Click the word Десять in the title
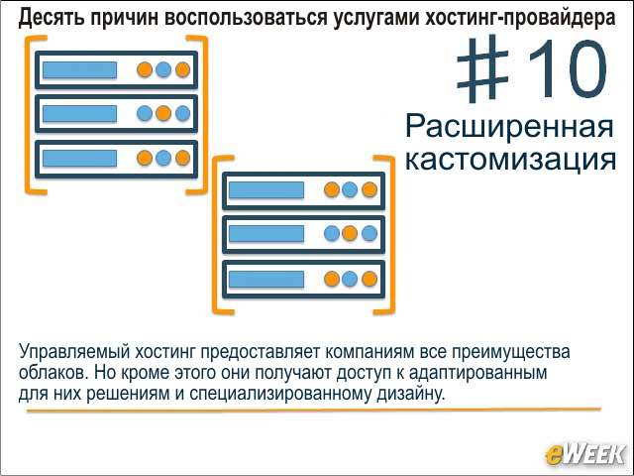tap(51, 18)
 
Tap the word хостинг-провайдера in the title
tap(520, 18)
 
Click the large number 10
tap(567, 68)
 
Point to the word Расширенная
tap(509, 126)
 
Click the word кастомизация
tap(510, 159)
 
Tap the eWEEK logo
tap(584, 454)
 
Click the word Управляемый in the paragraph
tap(74, 352)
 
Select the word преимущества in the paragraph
tap(511, 353)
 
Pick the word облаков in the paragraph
tap(53, 372)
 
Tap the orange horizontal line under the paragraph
tap(314, 410)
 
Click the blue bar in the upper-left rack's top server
tap(79, 69)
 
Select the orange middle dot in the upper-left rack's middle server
tap(163, 113)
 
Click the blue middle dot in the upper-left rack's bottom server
tap(163, 158)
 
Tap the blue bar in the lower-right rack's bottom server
tap(266, 279)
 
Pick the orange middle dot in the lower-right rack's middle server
tap(350, 234)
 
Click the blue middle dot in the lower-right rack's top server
tap(350, 189)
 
